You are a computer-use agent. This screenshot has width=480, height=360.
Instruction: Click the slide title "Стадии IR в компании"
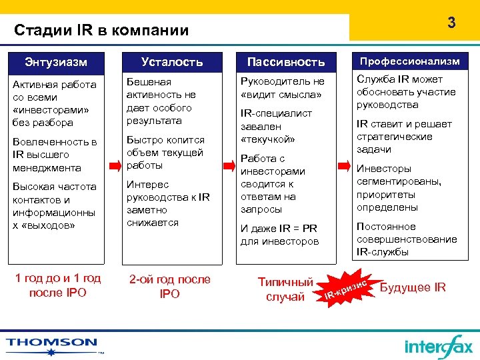(x=101, y=30)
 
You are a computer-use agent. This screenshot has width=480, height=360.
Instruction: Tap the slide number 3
(x=451, y=23)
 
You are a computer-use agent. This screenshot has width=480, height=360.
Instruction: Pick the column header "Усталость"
(x=171, y=62)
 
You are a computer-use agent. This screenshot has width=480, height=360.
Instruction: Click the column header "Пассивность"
(x=286, y=62)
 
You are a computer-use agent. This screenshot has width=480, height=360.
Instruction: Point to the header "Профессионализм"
(x=410, y=61)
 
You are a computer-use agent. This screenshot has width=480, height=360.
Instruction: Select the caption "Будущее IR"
(x=412, y=287)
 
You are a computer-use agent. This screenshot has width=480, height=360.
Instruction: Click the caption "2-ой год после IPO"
(x=170, y=286)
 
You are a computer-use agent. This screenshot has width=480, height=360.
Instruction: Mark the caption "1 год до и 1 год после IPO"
(x=57, y=285)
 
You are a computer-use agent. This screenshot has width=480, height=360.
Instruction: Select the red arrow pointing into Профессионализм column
(x=343, y=164)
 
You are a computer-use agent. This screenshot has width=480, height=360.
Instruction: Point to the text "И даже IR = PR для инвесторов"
(x=279, y=235)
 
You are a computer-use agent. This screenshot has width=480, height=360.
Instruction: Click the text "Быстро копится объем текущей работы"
(x=165, y=153)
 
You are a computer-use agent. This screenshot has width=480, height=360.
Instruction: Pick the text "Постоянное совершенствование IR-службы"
(x=407, y=239)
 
